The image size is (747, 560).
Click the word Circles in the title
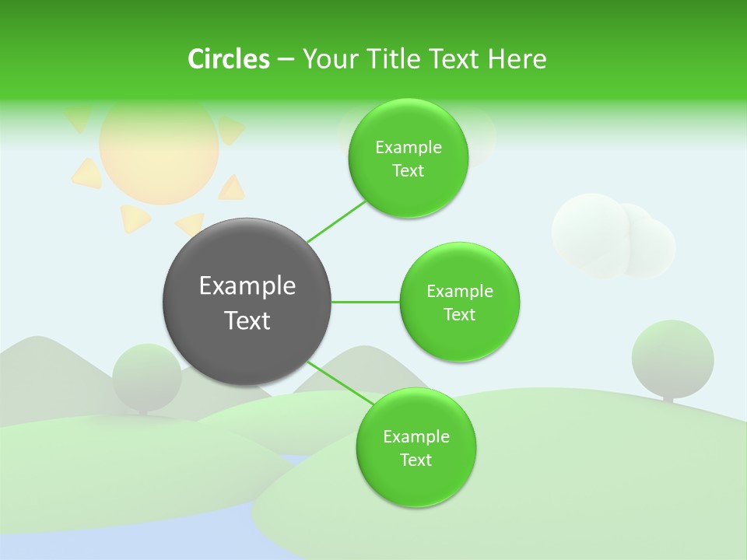[229, 59]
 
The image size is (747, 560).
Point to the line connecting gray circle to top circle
[336, 221]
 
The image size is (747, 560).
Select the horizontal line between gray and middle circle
[365, 302]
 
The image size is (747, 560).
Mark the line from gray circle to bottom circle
[338, 382]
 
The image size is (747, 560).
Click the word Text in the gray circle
[247, 320]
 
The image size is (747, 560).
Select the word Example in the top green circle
[408, 148]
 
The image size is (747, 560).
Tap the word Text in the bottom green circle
[416, 460]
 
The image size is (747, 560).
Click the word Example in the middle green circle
[459, 292]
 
